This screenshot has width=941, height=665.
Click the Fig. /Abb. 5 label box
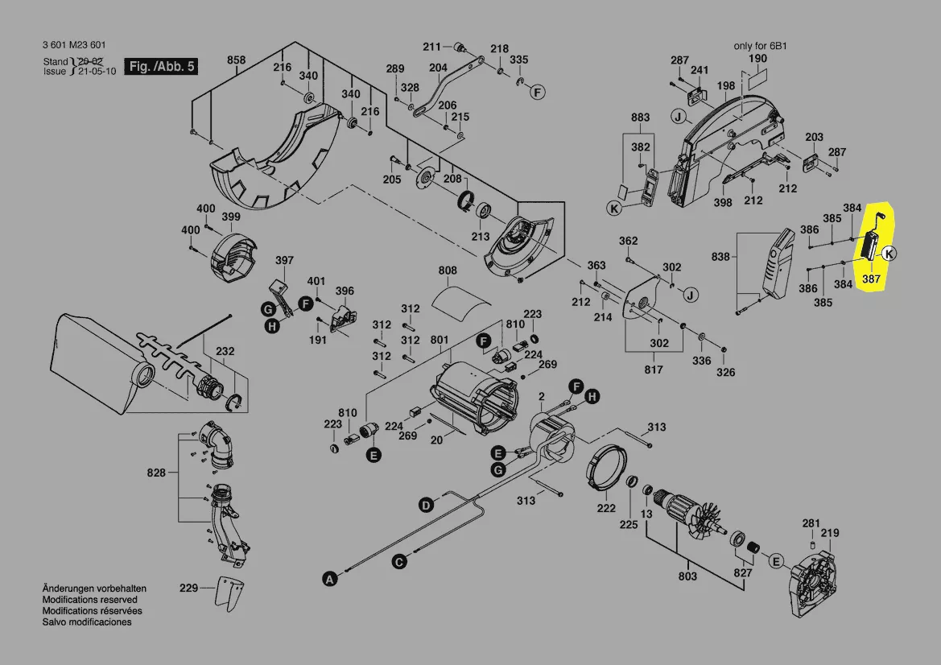(x=161, y=67)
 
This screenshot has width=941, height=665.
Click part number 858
(x=236, y=60)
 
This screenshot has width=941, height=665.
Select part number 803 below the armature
(x=687, y=576)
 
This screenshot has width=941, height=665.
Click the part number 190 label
(x=757, y=60)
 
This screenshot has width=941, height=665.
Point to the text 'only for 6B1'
(x=759, y=46)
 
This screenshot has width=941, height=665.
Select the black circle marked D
(x=425, y=505)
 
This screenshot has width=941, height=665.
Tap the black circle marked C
(x=398, y=562)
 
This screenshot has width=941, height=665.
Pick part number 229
(x=188, y=589)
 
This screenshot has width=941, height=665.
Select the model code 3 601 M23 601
(x=74, y=45)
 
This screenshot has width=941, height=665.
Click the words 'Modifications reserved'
(x=89, y=600)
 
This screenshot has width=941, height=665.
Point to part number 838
(x=720, y=257)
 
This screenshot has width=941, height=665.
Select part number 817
(x=653, y=370)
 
